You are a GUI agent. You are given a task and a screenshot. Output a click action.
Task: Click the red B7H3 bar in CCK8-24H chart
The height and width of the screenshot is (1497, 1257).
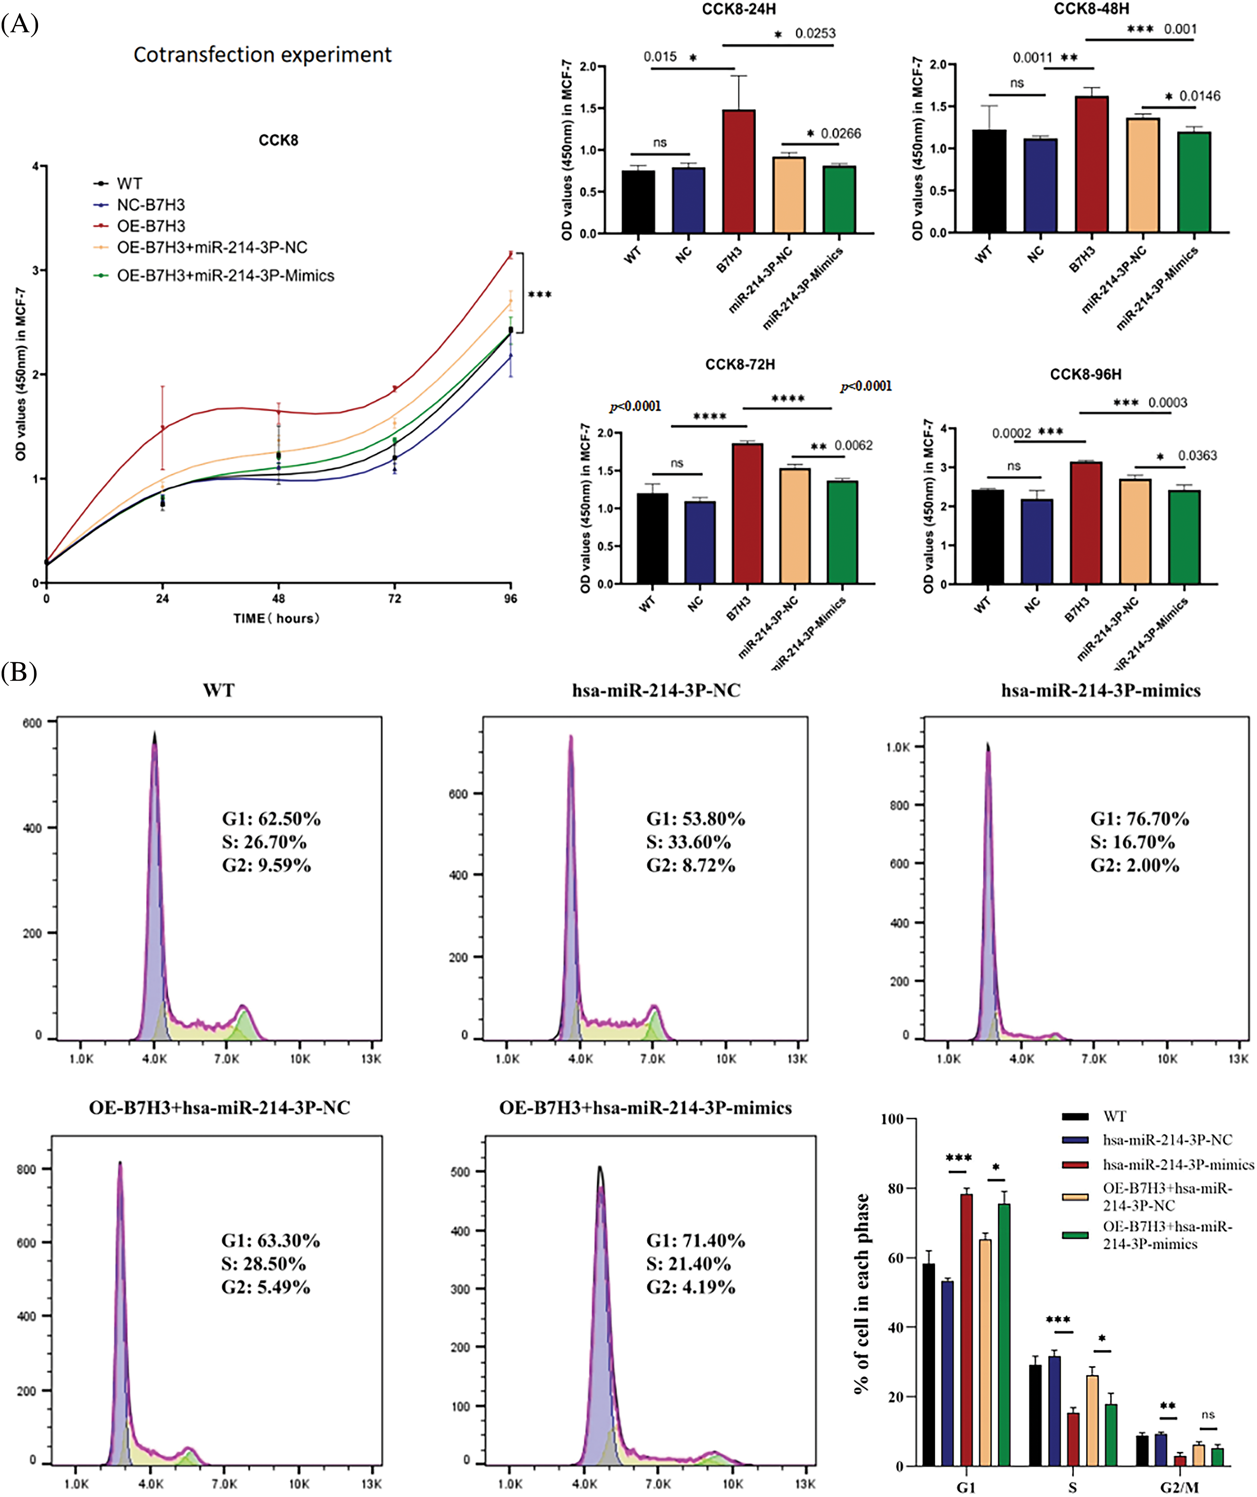click(739, 171)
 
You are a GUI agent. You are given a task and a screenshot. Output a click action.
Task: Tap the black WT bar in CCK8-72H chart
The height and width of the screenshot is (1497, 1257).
click(652, 538)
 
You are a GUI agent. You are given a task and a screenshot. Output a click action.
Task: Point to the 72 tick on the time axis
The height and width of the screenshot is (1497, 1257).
click(394, 598)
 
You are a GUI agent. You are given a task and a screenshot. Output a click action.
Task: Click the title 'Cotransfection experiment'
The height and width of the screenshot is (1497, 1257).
click(262, 55)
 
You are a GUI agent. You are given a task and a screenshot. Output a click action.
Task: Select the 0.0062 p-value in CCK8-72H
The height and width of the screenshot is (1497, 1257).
click(853, 445)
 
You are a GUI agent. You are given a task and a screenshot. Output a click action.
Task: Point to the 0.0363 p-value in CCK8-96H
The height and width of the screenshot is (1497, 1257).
click(1197, 456)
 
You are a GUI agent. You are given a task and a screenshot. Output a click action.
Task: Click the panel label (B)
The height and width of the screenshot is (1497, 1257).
click(19, 672)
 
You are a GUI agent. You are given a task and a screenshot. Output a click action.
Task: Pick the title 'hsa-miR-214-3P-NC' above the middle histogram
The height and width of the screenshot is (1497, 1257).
click(656, 690)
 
